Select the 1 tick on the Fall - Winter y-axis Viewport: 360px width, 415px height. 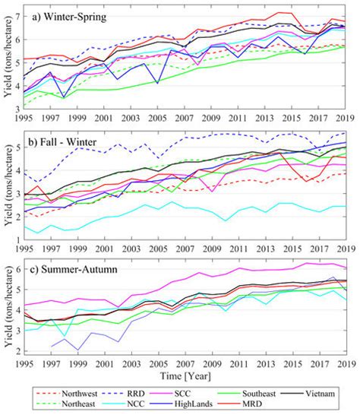19,239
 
